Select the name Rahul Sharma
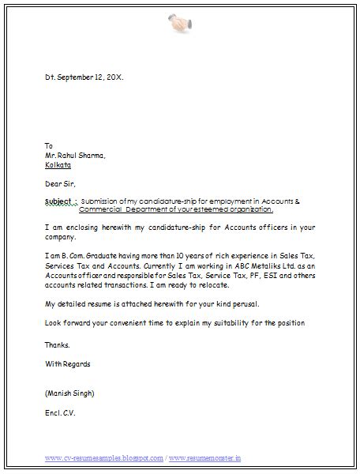click(x=81, y=156)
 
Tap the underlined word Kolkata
click(x=58, y=165)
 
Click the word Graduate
click(x=110, y=256)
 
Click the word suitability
click(x=243, y=323)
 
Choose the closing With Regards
click(x=68, y=364)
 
